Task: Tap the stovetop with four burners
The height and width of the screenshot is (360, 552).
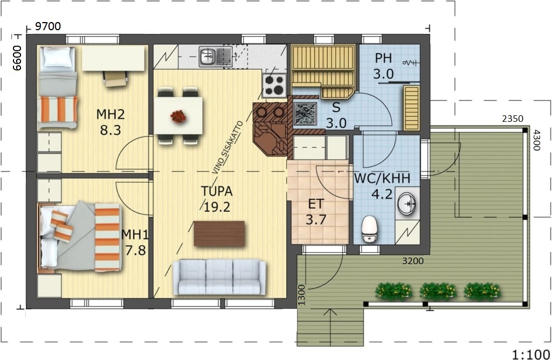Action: [274, 86]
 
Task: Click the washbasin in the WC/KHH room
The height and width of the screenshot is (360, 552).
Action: [407, 203]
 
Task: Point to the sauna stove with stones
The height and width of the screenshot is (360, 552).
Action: [305, 113]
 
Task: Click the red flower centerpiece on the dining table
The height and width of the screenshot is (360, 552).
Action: [178, 116]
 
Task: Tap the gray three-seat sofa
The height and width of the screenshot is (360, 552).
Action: [219, 278]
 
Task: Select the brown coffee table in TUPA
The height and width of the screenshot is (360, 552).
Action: [219, 234]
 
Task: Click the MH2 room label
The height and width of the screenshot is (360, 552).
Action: [110, 114]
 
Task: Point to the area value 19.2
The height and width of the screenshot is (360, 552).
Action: [217, 207]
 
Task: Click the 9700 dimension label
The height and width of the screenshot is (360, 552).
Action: [48, 26]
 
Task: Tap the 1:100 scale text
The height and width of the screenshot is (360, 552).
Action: [531, 354]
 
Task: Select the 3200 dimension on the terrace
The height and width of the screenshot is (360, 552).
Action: [412, 261]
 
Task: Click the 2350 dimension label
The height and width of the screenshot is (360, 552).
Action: [513, 119]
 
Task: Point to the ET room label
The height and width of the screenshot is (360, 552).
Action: [316, 204]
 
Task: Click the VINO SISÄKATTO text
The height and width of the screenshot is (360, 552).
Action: [227, 148]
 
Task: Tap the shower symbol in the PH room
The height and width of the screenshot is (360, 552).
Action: [411, 63]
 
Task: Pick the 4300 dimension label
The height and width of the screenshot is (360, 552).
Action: [536, 140]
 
